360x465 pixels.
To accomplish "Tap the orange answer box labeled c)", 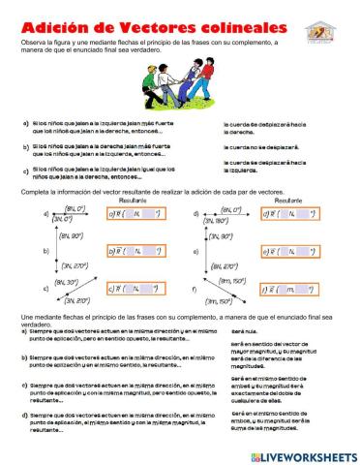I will point(129,288).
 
